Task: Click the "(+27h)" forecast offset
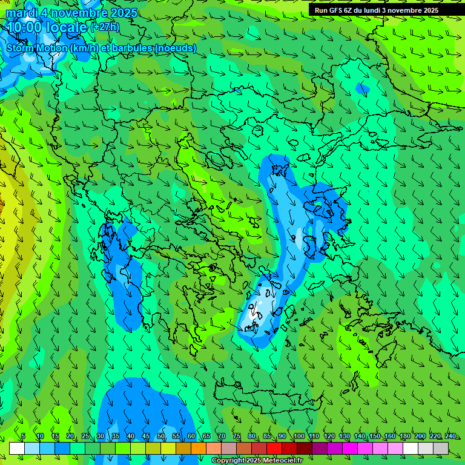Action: (105, 27)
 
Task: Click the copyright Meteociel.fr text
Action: (257, 461)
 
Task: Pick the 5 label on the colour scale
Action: (23, 437)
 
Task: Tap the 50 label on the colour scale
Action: (161, 437)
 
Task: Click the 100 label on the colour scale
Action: (298, 437)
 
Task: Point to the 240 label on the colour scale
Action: (450, 437)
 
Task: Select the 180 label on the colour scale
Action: (404, 437)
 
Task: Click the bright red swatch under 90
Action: (274, 448)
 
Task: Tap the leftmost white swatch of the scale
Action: (17, 448)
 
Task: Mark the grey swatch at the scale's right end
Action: (441, 448)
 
